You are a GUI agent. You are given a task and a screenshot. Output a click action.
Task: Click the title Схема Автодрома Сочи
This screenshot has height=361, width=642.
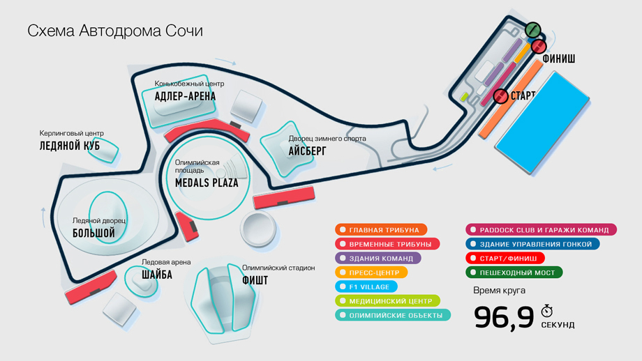coord(115,31)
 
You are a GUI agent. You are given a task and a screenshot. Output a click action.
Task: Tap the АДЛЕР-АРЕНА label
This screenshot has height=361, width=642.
coord(185,96)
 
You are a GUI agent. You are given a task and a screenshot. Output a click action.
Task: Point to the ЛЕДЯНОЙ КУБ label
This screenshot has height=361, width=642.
coord(70,146)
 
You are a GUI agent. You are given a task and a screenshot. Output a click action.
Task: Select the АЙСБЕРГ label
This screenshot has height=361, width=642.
coord(307,151)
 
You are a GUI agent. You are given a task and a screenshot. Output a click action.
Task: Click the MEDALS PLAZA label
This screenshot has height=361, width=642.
coord(207,183)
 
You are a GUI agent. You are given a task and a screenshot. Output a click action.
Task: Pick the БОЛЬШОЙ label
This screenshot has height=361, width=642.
coord(94,233)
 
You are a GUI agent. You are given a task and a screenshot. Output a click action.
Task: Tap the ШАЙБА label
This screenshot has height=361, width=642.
coord(157,275)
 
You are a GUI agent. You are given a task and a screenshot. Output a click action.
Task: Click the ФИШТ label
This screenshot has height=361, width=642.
coord(255,280)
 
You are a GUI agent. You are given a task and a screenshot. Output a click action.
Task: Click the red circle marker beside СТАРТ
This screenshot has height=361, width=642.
coord(500,95)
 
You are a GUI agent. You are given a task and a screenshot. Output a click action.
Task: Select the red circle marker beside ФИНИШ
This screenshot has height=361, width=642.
coord(538,47)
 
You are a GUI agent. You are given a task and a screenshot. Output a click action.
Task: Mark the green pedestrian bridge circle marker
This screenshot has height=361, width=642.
coord(532,30)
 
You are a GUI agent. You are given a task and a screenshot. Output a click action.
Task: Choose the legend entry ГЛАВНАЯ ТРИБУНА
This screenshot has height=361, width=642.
coord(381,229)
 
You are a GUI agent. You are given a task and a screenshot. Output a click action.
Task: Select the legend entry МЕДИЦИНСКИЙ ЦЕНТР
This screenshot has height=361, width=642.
coord(387,301)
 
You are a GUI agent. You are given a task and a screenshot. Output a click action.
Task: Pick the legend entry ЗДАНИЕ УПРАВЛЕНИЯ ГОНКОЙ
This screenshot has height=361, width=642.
coord(533,244)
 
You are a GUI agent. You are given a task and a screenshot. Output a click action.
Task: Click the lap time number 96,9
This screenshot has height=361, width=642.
coord(504,317)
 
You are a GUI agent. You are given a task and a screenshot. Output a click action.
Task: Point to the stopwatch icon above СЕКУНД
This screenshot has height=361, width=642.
coord(548,310)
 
